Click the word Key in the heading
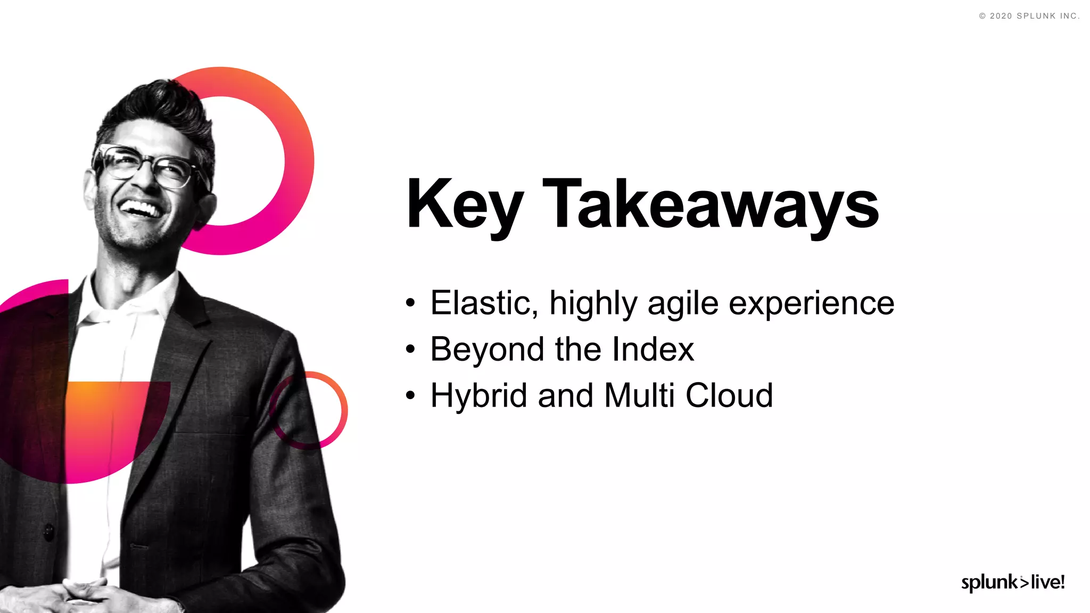[464, 205]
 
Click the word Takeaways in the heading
[711, 205]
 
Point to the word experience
[811, 304]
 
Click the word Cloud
[729, 395]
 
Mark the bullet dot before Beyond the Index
[409, 350]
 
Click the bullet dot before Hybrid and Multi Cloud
[409, 396]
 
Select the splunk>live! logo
[1012, 582]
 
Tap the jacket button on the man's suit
[49, 531]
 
